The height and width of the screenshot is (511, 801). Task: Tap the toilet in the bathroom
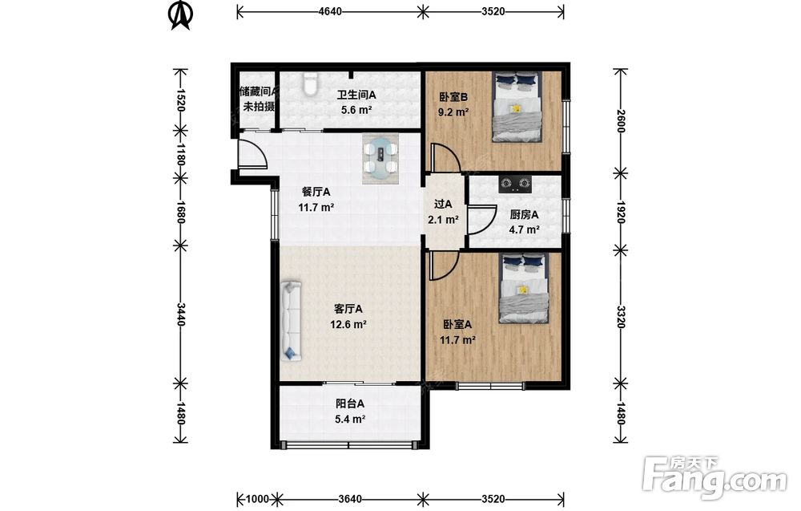coord(311,84)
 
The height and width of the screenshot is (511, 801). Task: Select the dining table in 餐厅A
coord(380,159)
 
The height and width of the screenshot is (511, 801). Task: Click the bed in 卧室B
coord(517,107)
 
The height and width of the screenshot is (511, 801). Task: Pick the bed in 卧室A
coord(524,289)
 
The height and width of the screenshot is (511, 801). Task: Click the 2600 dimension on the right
coord(621,121)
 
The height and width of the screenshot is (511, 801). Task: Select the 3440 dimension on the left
coord(181,314)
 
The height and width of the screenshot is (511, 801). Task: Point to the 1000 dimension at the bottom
coord(257,499)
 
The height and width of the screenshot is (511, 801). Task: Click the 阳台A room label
coord(350,404)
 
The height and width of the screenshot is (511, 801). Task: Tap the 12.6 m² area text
coord(348,324)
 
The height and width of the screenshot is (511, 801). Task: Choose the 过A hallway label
coord(443,204)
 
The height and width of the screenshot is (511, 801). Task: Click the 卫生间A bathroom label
coord(356,95)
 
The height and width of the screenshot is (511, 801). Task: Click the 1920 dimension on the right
coord(621,212)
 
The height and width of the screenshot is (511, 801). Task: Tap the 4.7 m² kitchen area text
coord(524,229)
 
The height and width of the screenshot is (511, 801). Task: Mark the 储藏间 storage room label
coord(259,91)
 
